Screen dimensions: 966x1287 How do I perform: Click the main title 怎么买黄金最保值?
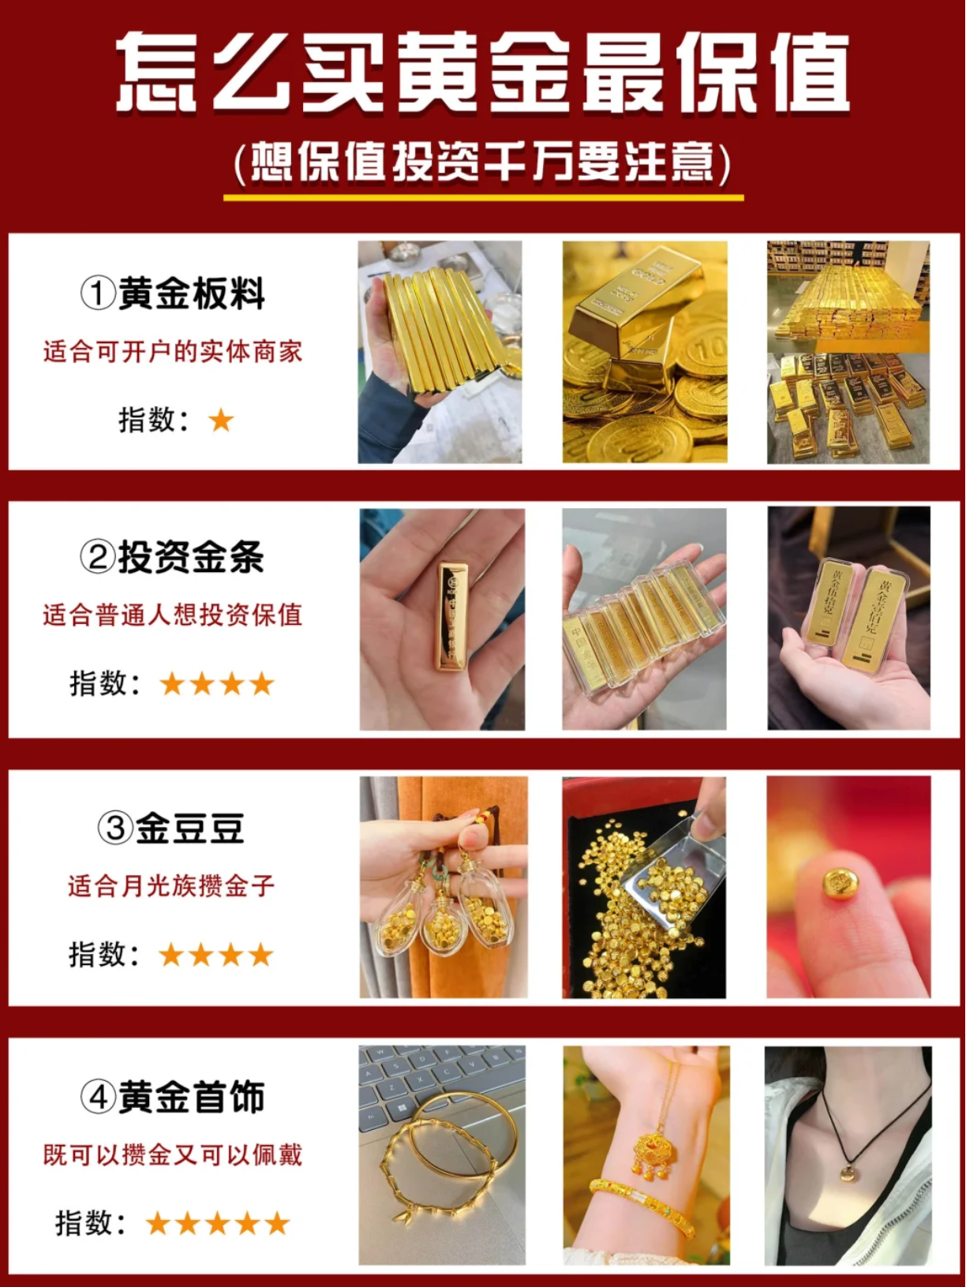pyautogui.click(x=482, y=72)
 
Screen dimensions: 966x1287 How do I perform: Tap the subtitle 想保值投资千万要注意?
pyautogui.click(x=482, y=163)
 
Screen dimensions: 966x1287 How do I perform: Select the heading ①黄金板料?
pyautogui.click(x=172, y=294)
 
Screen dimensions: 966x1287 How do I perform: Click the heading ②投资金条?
pyautogui.click(x=172, y=556)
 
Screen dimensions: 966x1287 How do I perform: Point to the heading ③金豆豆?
pyautogui.click(x=170, y=829)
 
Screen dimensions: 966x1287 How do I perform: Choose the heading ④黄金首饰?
pyautogui.click(x=172, y=1097)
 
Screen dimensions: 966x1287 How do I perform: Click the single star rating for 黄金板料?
pyautogui.click(x=222, y=420)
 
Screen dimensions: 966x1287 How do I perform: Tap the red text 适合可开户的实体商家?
pyautogui.click(x=172, y=352)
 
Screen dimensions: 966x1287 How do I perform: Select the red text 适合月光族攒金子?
pyautogui.click(x=171, y=885)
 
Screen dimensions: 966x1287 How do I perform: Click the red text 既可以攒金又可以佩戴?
pyautogui.click(x=172, y=1154)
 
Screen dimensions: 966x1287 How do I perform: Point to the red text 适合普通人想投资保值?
pyautogui.click(x=172, y=615)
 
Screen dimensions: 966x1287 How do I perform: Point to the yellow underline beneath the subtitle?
pyautogui.click(x=484, y=197)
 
